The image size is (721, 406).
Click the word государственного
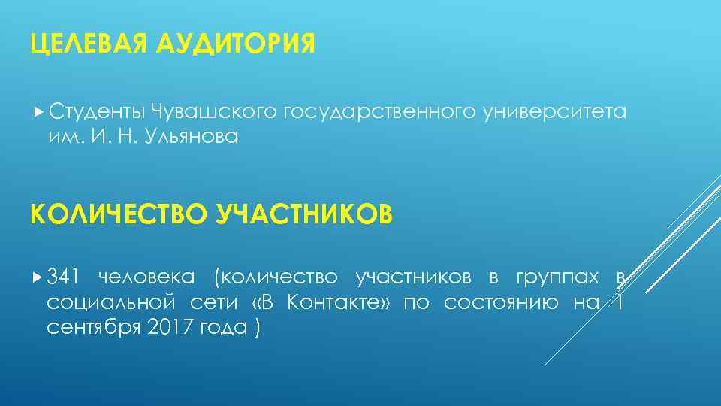pos(379,113)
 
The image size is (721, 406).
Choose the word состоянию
pos(501,303)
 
